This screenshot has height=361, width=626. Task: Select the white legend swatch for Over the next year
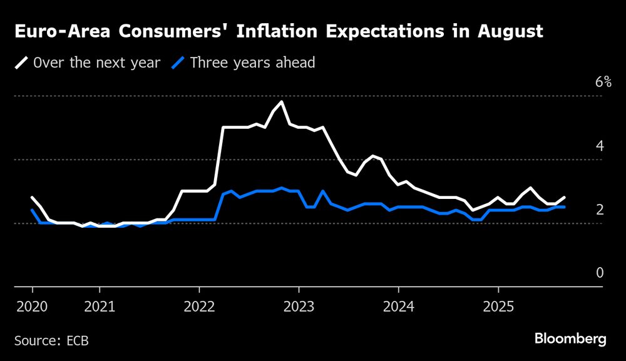pyautogui.click(x=23, y=63)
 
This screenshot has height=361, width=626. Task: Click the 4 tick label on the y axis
pyautogui.click(x=599, y=146)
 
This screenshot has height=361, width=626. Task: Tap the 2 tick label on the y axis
pyautogui.click(x=599, y=210)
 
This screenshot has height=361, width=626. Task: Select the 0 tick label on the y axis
pyautogui.click(x=599, y=273)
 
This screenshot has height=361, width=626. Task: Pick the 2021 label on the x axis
pyautogui.click(x=99, y=307)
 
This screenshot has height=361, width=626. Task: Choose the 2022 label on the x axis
pyautogui.click(x=199, y=307)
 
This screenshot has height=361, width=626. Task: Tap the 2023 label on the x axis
pyautogui.click(x=299, y=307)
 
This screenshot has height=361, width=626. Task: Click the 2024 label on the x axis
pyautogui.click(x=398, y=307)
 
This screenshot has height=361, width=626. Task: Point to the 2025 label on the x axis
pyautogui.click(x=498, y=307)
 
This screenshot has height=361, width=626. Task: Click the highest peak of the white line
pyautogui.click(x=282, y=101)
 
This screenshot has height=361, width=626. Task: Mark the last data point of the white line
pyautogui.click(x=564, y=197)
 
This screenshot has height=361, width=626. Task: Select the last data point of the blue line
pyautogui.click(x=564, y=206)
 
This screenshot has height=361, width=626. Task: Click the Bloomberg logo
pyautogui.click(x=570, y=339)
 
